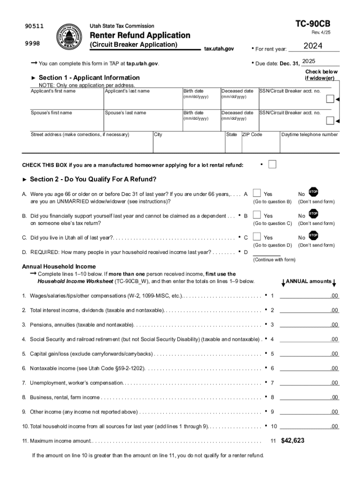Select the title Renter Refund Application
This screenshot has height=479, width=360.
pyautogui.click(x=140, y=36)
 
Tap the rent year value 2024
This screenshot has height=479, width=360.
pyautogui.click(x=313, y=46)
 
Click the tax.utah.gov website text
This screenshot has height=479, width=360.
pyautogui.click(x=219, y=49)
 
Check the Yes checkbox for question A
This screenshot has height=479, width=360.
pyautogui.click(x=257, y=193)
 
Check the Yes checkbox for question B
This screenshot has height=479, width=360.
pyautogui.click(x=257, y=215)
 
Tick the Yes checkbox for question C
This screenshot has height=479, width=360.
pyautogui.click(x=257, y=237)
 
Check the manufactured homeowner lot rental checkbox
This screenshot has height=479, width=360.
pyautogui.click(x=272, y=164)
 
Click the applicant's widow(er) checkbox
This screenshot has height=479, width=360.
pyautogui.click(x=330, y=99)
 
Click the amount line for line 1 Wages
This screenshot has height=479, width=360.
pyautogui.click(x=309, y=295)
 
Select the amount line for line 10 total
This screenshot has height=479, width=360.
pyautogui.click(x=309, y=426)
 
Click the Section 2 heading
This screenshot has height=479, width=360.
pyautogui.click(x=93, y=180)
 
